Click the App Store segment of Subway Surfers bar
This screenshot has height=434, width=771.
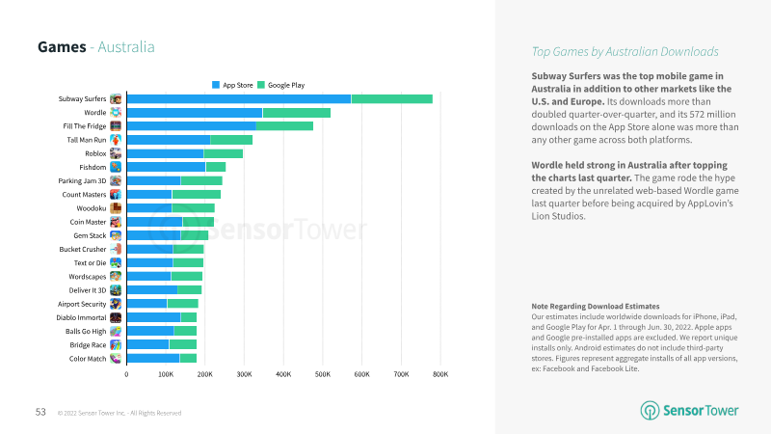tap(238, 98)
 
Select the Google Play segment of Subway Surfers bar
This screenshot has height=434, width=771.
tap(391, 98)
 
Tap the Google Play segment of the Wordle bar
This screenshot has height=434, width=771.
tap(296, 113)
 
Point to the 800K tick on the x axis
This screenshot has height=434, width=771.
tap(439, 373)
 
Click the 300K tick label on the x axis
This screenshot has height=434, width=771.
tap(244, 373)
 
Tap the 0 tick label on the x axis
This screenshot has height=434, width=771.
tap(126, 373)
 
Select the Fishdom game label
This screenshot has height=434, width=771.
tap(93, 167)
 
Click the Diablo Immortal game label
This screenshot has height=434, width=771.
tap(83, 317)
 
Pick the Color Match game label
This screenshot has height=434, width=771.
tap(88, 358)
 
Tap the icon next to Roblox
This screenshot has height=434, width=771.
tap(116, 153)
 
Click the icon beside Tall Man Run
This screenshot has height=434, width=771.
tap(116, 140)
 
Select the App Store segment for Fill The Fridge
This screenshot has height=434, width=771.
tap(191, 125)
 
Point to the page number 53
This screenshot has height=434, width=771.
tap(41, 412)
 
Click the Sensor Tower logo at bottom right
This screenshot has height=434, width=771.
tap(690, 411)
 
